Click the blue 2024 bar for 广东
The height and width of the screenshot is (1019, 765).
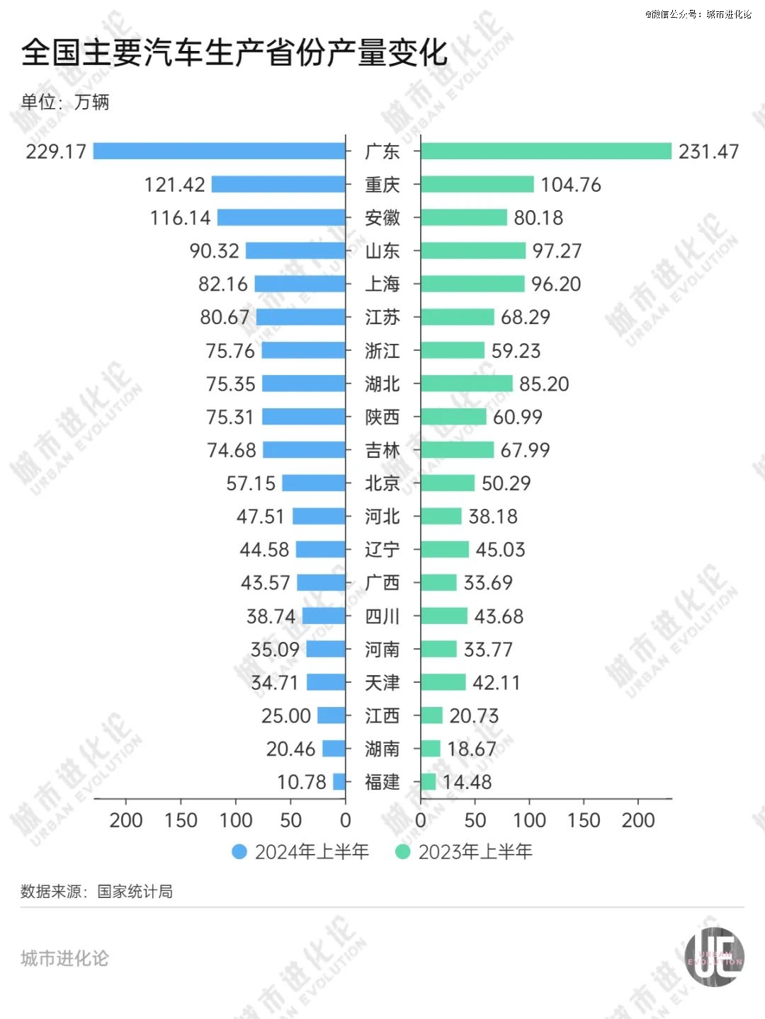(220, 151)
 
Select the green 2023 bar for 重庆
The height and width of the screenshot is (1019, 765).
(477, 185)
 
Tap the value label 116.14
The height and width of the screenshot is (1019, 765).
(180, 218)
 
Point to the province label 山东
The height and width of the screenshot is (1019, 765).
(382, 251)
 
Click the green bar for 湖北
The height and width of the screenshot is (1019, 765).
(466, 384)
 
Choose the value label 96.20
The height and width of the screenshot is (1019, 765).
(556, 284)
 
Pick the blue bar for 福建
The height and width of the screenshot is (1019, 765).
(339, 782)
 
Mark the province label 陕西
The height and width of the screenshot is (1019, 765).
(382, 417)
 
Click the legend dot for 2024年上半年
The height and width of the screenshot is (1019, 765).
(239, 852)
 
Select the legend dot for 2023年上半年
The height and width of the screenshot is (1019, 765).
(403, 852)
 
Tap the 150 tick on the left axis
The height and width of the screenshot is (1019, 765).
(181, 820)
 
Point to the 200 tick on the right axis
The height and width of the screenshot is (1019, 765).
(638, 820)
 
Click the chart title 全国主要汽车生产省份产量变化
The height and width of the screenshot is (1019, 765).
(234, 53)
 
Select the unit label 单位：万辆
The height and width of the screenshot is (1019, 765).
(65, 102)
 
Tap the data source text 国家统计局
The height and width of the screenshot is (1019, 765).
(135, 892)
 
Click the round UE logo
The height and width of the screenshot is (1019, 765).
(714, 957)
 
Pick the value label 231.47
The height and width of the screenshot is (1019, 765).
(708, 151)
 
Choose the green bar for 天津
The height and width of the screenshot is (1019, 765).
(443, 682)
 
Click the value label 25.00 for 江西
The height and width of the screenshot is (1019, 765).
(285, 716)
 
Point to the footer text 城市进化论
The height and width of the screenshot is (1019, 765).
(64, 958)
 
